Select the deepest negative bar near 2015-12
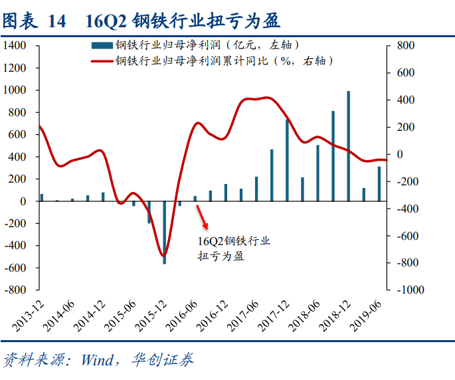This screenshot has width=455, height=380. [164, 233]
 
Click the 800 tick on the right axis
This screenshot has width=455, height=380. [406, 45]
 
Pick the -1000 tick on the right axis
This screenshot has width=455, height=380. [410, 290]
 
